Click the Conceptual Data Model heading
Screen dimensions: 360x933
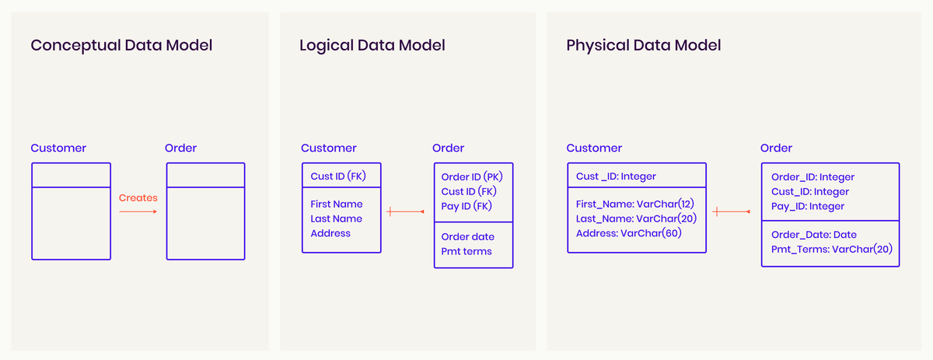pos(121,46)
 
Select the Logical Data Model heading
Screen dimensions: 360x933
pos(372,46)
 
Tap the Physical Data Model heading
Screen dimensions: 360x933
pos(644,46)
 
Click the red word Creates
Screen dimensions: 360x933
pos(138,198)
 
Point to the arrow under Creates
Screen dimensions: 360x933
pos(138,211)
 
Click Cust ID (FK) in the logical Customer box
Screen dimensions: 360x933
pos(338,177)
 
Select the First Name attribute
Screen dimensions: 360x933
pos(337,204)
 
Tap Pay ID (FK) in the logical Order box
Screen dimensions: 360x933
pos(466,206)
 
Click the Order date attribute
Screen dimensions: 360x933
pos(468,237)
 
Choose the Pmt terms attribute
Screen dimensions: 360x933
pos(466,251)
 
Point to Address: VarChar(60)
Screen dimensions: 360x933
pos(629,233)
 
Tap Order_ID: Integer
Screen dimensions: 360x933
pos(812,177)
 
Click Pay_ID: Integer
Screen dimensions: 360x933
pos(808,206)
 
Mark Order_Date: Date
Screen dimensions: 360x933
pos(812,235)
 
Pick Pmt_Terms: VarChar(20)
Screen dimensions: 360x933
pos(831,250)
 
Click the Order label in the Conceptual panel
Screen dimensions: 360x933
pos(181,148)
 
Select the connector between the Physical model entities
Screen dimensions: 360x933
pos(732,211)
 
